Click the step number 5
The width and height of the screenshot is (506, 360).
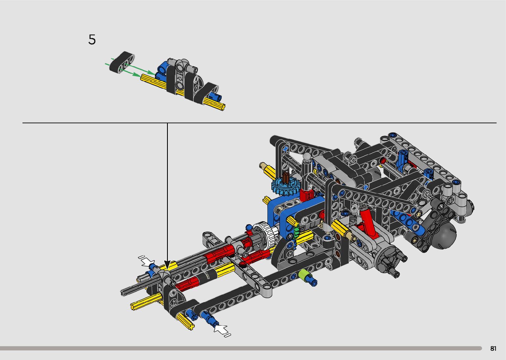(92, 40)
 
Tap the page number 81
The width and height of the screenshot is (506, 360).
(493, 348)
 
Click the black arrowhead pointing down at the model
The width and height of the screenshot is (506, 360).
(167, 265)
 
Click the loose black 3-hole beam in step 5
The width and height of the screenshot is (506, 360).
(122, 62)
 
